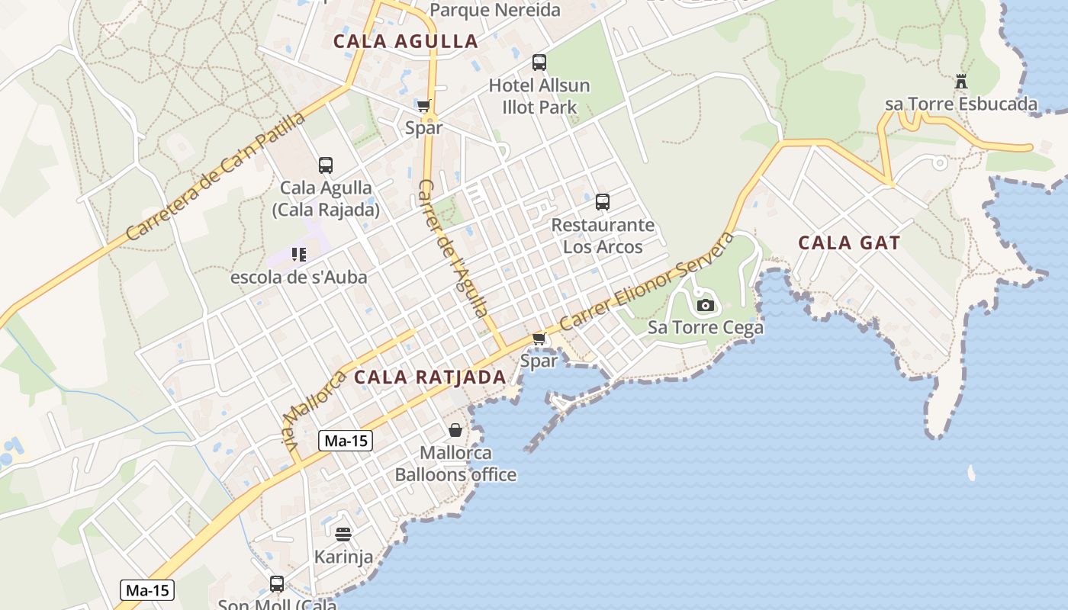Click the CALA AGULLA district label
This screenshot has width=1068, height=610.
(406, 41)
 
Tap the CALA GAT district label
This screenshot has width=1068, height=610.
(849, 243)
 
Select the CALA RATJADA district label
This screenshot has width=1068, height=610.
(430, 377)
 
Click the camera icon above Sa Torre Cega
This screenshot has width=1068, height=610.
(706, 306)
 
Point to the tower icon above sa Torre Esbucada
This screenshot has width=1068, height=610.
(960, 81)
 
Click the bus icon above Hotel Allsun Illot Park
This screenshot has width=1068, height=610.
(539, 63)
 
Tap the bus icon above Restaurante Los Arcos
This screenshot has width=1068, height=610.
(603, 202)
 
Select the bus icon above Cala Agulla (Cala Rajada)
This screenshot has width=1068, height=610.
(326, 165)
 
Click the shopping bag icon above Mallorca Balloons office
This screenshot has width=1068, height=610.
(455, 430)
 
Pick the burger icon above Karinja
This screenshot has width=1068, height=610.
(343, 534)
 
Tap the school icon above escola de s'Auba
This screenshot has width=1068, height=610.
(298, 254)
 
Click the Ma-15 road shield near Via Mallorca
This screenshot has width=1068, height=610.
(345, 441)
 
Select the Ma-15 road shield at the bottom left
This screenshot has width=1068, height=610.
(147, 589)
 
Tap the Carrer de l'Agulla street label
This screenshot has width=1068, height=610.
(453, 248)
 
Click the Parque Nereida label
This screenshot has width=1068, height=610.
(495, 10)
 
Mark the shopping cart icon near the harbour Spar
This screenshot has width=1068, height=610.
(539, 339)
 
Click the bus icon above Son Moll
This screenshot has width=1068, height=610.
(277, 584)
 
